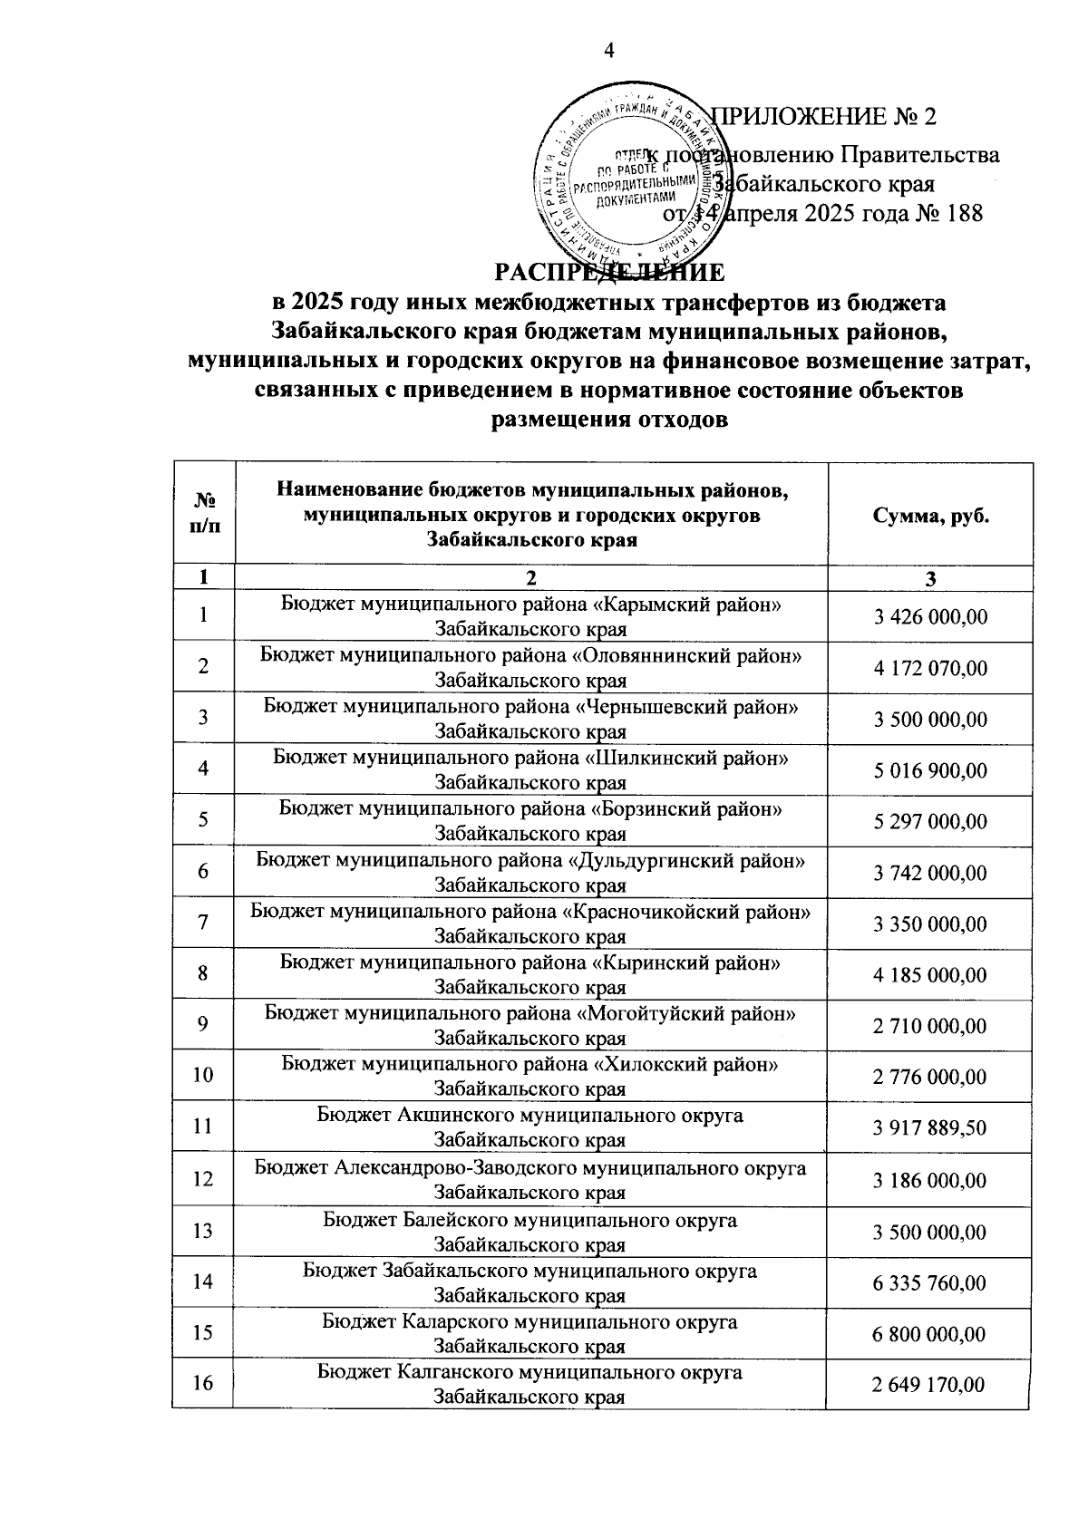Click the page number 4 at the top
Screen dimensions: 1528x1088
pos(609,52)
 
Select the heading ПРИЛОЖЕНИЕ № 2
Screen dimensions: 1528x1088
pos(824,117)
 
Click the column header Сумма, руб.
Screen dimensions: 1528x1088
pos(930,516)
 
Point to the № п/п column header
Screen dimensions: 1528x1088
pos(204,515)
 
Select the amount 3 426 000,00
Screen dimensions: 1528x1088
pos(930,617)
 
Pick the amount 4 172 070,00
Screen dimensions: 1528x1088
pos(930,669)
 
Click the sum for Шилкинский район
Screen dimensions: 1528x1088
pos(930,771)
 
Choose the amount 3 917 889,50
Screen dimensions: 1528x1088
pos(930,1128)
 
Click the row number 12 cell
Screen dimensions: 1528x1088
pos(202,1179)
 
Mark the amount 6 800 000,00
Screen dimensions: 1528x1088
pos(930,1334)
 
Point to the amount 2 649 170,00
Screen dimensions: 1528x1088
pos(930,1385)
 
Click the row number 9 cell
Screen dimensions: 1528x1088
pos(204,1024)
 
